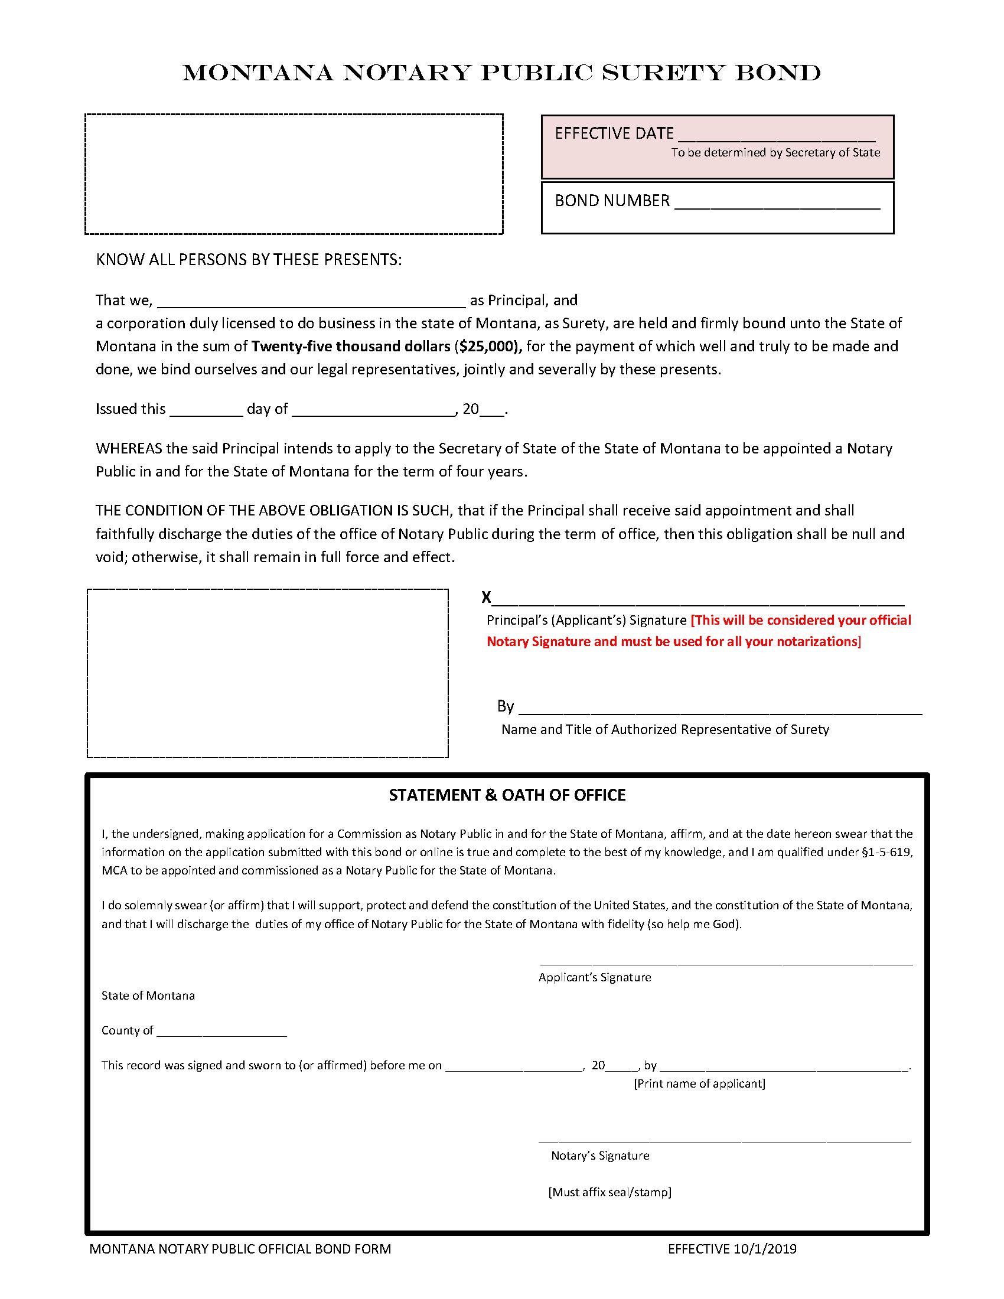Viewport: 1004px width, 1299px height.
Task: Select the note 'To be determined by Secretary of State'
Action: click(x=775, y=152)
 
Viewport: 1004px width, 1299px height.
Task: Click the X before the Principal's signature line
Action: click(x=486, y=597)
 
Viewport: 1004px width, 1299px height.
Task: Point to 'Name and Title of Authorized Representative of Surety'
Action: click(x=664, y=729)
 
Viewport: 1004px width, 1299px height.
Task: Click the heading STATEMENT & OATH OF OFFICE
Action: click(x=507, y=795)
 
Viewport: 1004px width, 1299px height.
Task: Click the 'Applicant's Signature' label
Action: click(x=594, y=977)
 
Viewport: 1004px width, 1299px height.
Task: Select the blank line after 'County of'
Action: click(x=221, y=1032)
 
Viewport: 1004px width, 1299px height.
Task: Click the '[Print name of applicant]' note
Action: click(x=699, y=1083)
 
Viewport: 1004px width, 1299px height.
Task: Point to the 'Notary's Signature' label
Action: click(x=599, y=1156)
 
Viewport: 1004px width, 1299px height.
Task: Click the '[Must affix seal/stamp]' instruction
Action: click(x=609, y=1192)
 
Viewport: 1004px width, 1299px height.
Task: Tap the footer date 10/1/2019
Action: click(x=764, y=1249)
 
